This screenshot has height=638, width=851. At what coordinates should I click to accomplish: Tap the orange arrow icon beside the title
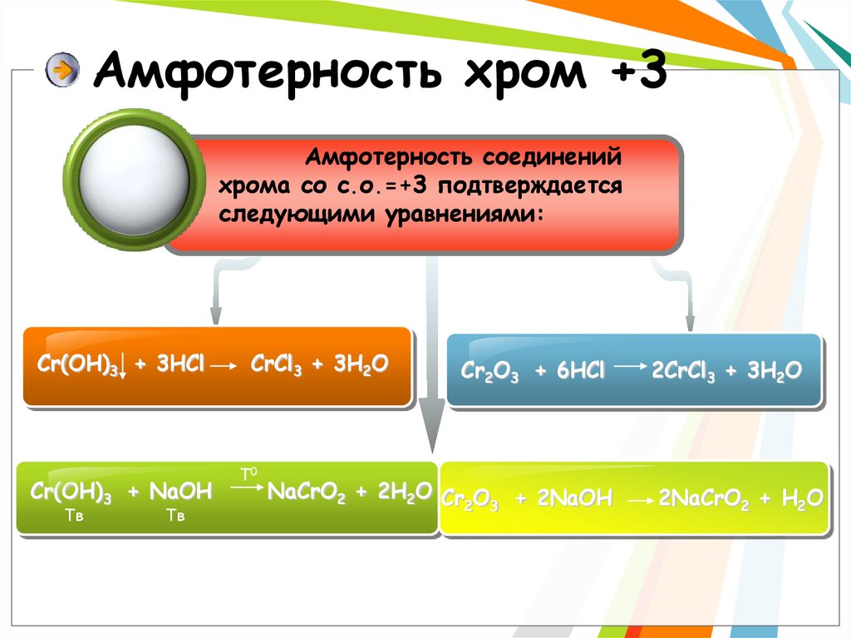(x=61, y=71)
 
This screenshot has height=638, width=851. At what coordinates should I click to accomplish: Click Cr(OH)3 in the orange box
(x=76, y=367)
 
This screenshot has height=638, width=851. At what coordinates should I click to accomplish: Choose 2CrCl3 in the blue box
(x=683, y=371)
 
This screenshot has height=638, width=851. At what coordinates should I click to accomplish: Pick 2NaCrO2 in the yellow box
(x=704, y=499)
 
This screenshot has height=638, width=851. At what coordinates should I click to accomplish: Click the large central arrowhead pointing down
(x=432, y=424)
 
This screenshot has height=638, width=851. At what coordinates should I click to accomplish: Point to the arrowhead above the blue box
(x=688, y=322)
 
